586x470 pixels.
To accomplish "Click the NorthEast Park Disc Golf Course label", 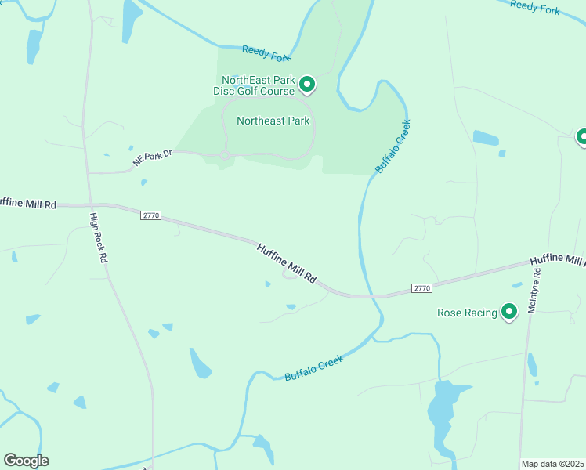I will (258, 85).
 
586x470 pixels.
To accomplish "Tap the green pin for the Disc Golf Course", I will (308, 84).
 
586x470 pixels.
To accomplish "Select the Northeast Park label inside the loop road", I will (273, 121).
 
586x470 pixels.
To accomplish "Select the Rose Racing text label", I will (467, 313).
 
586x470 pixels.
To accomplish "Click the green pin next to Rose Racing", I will (509, 312).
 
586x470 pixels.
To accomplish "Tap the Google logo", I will (26, 461).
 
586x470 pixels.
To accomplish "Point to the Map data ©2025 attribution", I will (552, 464).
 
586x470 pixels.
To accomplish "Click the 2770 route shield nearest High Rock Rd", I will (150, 215).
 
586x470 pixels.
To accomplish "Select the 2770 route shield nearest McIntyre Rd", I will (421, 288).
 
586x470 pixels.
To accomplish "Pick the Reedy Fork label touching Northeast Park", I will (266, 52).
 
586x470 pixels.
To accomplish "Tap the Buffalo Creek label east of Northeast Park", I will (392, 146).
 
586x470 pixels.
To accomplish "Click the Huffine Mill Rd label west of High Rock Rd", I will (28, 204).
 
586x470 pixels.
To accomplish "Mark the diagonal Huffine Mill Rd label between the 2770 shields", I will (287, 262).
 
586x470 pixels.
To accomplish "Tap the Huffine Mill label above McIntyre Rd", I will (557, 260).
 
